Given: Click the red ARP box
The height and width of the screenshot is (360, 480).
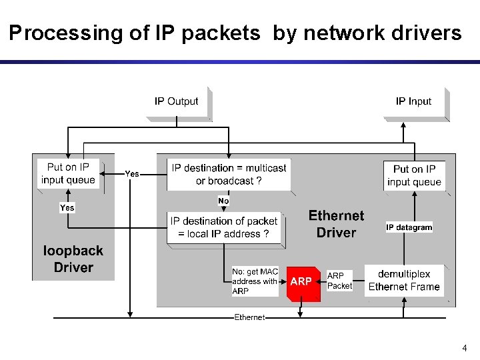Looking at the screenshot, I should [301, 282].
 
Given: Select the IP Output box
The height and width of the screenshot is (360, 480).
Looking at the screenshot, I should [177, 101].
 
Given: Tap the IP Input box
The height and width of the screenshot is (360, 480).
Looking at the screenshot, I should [413, 101].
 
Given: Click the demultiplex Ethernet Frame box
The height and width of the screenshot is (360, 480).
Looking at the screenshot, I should [404, 281].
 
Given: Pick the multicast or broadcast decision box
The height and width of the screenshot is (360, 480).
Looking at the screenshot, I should [229, 175].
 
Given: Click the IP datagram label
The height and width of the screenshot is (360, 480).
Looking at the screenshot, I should [409, 227].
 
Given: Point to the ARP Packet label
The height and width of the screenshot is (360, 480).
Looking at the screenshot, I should [339, 281].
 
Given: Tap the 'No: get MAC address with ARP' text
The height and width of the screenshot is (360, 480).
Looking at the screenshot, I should [255, 281].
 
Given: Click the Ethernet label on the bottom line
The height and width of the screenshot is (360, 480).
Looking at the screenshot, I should [249, 317].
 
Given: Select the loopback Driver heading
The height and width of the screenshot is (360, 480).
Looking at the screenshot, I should [73, 259].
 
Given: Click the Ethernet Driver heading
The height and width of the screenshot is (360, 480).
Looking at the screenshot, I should [336, 224].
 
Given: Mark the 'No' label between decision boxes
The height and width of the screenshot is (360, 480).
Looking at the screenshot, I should [223, 201].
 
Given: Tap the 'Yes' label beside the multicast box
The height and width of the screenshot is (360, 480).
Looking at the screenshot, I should [132, 174].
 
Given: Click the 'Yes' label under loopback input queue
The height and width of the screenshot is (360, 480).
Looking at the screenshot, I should [67, 208].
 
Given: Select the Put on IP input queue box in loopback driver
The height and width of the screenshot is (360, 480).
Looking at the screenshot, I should [68, 173].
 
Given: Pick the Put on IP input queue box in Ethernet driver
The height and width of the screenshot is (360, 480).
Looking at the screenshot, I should [414, 175].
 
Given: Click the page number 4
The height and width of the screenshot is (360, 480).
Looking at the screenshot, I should [465, 348].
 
